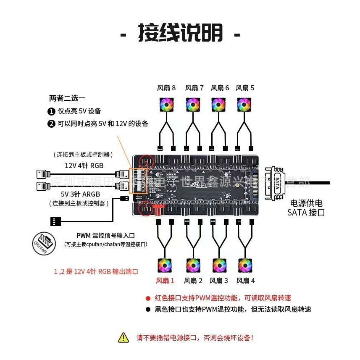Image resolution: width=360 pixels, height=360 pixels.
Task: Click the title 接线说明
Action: (180, 34)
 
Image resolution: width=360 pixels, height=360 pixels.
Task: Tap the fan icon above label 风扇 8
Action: (166, 105)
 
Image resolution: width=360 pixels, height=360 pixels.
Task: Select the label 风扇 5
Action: (245, 88)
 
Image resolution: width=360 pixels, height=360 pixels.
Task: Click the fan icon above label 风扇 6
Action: (218, 105)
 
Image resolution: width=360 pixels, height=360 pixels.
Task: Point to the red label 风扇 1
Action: (165, 281)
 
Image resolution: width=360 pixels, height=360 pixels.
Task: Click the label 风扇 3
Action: (219, 281)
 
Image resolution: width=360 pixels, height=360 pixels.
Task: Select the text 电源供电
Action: (306, 204)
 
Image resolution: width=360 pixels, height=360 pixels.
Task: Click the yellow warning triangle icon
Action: (124, 337)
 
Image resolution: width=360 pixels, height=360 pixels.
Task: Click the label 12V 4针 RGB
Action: (84, 166)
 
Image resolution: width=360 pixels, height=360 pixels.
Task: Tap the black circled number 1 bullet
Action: (51, 111)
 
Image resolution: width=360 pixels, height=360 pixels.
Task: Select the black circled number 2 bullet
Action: (51, 124)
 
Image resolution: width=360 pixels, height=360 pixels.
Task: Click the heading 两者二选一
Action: (67, 99)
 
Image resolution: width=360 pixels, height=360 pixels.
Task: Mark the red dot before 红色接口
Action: (148, 298)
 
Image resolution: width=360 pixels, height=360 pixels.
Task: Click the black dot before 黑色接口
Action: (148, 310)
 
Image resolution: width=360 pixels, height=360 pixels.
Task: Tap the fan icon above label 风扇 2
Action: (193, 265)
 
